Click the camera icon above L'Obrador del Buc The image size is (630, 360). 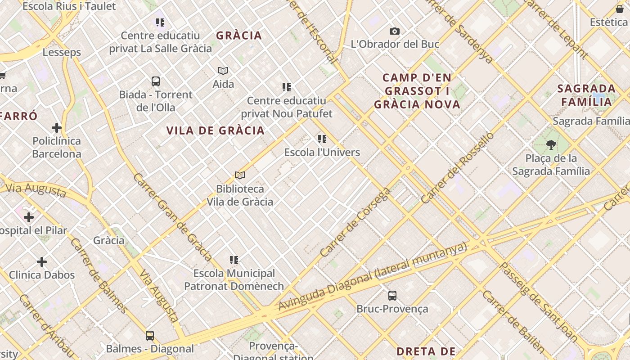click(x=395, y=31)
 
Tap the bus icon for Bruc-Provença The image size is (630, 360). click(x=392, y=296)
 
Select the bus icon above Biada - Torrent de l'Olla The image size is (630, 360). click(x=156, y=81)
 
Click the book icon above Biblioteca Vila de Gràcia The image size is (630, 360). click(x=240, y=175)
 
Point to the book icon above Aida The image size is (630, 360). click(x=223, y=71)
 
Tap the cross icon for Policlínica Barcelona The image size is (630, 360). click(x=57, y=128)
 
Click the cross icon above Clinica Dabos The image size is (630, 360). click(x=42, y=262)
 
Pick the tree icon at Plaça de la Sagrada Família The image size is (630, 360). click(x=551, y=145)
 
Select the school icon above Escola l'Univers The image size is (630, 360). click(x=322, y=139)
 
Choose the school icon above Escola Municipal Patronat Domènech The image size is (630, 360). click(x=234, y=260)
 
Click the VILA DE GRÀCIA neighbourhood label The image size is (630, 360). click(x=216, y=131)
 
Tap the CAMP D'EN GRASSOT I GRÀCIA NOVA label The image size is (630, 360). click(x=417, y=91)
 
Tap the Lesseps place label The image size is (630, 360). click(x=62, y=52)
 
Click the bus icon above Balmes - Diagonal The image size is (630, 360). click(x=150, y=336)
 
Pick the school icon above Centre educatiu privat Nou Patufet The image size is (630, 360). click(x=287, y=87)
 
